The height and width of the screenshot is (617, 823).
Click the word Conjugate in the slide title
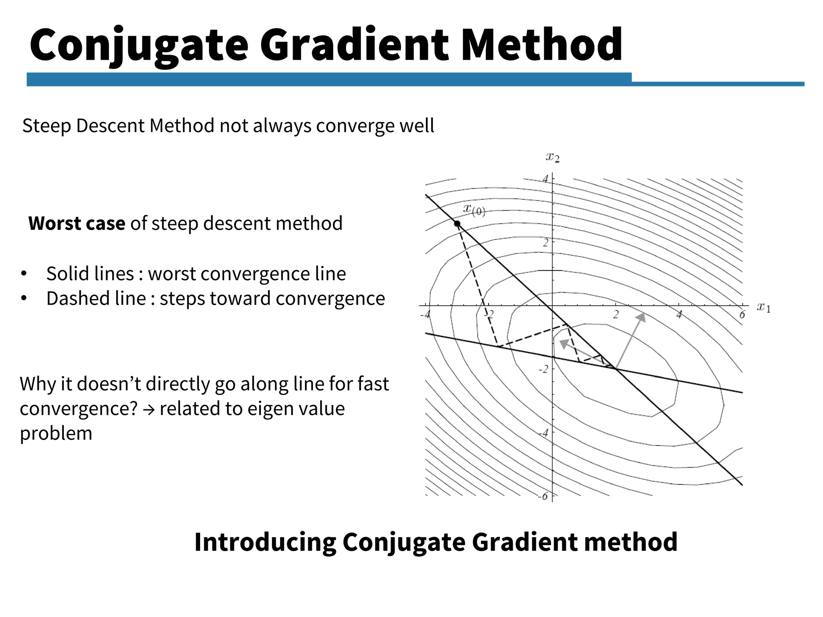click(x=139, y=45)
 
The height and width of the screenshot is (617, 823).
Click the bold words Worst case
click(x=76, y=223)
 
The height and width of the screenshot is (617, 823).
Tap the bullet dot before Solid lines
click(x=24, y=274)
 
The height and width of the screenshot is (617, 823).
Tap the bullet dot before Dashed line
click(x=24, y=298)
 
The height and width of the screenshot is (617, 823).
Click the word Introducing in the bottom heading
click(x=265, y=542)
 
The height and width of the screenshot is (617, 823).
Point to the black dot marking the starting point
click(x=457, y=224)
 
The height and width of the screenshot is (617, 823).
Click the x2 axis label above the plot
click(x=553, y=157)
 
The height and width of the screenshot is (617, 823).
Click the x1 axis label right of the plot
click(x=764, y=308)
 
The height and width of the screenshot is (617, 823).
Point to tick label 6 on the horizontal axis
click(x=742, y=315)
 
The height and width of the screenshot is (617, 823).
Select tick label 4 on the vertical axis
click(x=545, y=179)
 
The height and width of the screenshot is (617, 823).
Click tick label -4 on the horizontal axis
click(x=425, y=315)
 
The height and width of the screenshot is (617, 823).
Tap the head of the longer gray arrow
click(x=641, y=317)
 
